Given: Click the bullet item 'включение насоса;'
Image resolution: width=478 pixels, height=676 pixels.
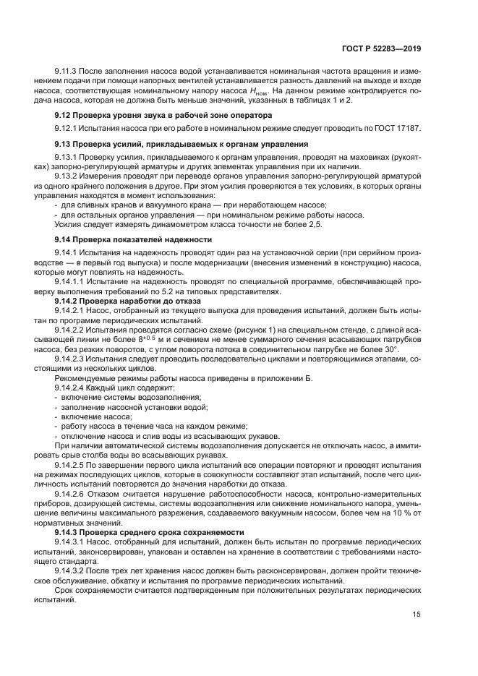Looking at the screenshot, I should point(90,417).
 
